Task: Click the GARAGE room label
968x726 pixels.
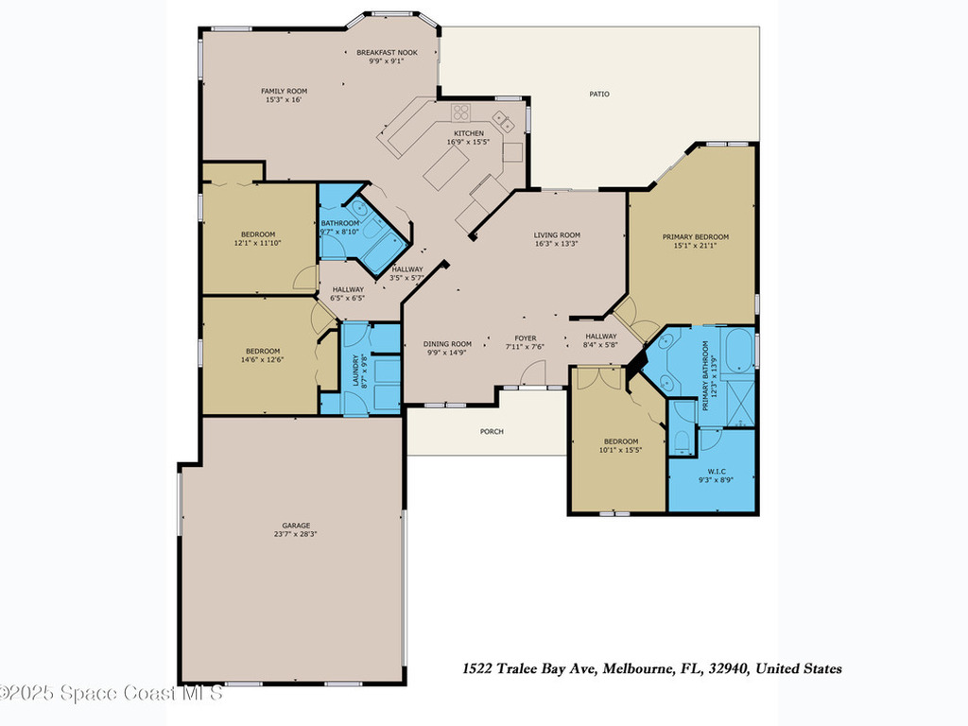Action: tap(296, 526)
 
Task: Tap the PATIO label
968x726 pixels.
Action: tap(599, 94)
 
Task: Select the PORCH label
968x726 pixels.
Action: tap(492, 431)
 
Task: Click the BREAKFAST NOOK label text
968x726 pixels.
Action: tap(393, 52)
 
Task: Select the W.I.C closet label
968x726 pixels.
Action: tap(716, 471)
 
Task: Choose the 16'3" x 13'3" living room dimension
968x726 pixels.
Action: tap(557, 243)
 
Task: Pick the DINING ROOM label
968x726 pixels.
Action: tap(447, 344)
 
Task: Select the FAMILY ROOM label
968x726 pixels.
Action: tap(284, 91)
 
